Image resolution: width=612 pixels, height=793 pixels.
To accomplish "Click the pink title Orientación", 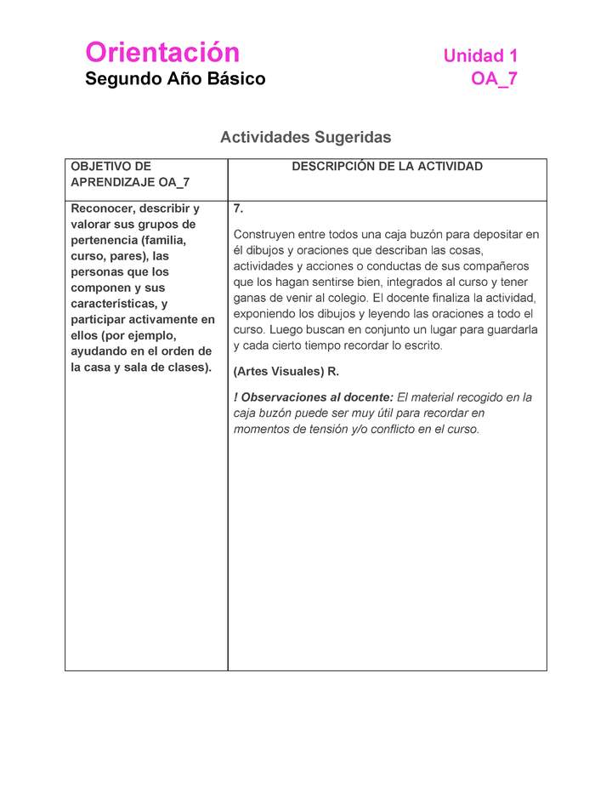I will click(x=162, y=53).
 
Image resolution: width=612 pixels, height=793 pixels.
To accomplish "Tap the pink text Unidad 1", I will click(x=480, y=56).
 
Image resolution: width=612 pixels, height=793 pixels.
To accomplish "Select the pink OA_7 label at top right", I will click(x=494, y=80).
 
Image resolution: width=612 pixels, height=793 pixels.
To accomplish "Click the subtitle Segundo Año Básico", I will click(x=175, y=79).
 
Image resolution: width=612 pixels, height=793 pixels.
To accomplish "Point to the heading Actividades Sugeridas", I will click(x=305, y=137).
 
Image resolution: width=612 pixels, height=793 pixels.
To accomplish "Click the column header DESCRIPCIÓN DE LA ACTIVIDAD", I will click(x=387, y=167).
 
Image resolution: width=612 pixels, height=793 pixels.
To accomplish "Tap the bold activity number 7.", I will click(x=238, y=208).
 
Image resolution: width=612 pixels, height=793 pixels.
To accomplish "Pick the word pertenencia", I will click(x=103, y=240).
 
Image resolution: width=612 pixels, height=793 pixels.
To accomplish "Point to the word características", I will click(x=114, y=304).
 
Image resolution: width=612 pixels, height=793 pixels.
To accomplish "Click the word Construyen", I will click(x=263, y=234).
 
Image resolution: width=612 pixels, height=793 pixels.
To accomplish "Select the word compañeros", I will click(x=492, y=266).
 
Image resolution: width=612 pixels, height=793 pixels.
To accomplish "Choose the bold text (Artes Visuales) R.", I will click(x=286, y=372).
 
